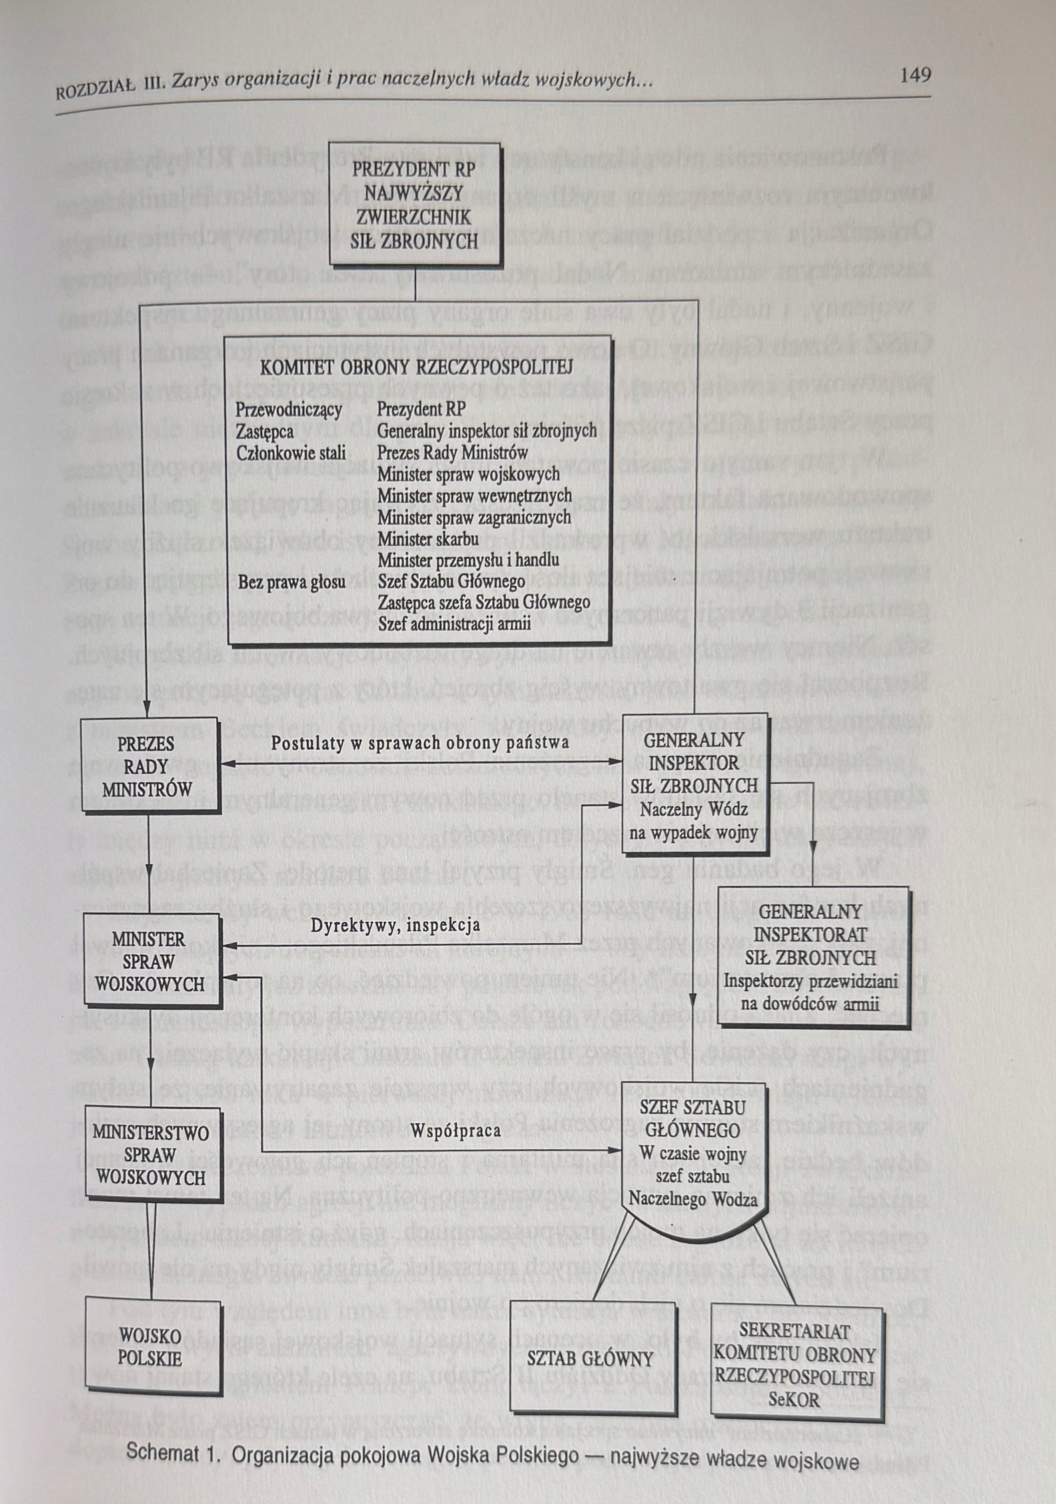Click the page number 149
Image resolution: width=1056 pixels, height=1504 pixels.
[915, 76]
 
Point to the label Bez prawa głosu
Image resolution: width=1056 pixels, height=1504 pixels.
[291, 582]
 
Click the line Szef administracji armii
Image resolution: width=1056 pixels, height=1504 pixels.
[455, 623]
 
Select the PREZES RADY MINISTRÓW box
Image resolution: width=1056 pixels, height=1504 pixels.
[147, 767]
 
